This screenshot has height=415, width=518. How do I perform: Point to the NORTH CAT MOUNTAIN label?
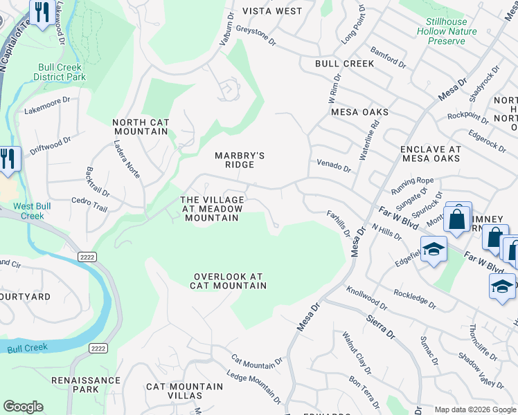141,127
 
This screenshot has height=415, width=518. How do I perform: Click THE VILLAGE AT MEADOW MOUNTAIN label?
212,209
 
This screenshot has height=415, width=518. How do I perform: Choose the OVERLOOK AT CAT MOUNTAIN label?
230,280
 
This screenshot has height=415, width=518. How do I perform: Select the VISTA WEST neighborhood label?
272,11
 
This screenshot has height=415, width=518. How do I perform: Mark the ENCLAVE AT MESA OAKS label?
431,154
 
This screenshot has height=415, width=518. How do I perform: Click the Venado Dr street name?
334,167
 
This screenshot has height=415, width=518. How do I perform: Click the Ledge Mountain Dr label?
253,394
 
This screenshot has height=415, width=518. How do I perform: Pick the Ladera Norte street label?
127,160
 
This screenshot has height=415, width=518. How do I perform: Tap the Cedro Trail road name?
89,204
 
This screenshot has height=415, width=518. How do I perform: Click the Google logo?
24,407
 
